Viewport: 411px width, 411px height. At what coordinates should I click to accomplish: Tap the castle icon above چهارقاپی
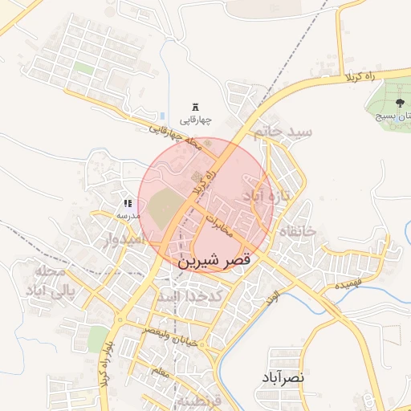point(196,108)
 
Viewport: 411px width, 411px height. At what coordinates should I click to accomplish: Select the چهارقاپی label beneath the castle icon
point(196,121)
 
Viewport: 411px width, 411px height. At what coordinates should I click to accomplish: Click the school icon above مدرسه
point(128,204)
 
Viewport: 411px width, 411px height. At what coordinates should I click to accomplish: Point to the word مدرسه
point(128,215)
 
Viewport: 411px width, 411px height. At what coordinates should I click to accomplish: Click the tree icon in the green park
point(400,102)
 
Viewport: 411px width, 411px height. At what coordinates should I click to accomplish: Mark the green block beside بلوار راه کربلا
point(98,339)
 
